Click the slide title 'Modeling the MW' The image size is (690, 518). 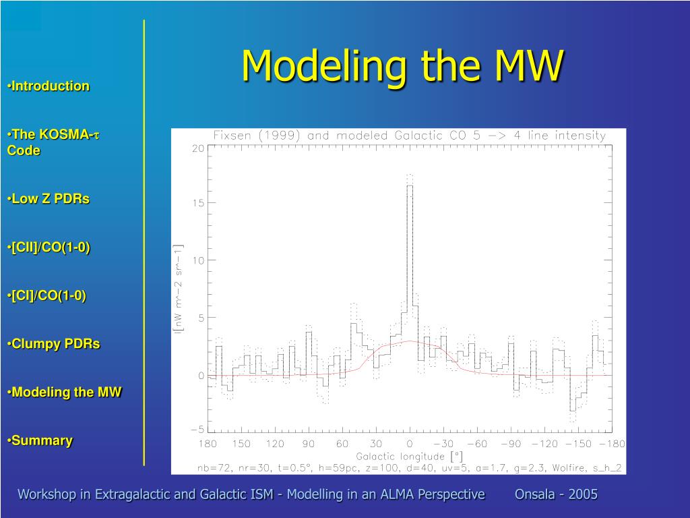coord(403,66)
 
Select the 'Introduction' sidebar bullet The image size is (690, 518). coord(49,86)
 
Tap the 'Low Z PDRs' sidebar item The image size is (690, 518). coord(49,199)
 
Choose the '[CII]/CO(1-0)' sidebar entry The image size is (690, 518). coord(49,248)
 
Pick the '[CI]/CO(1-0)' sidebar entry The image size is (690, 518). coord(46,295)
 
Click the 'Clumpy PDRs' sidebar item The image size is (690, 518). coord(54,344)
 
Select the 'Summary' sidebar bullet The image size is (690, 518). coord(40,440)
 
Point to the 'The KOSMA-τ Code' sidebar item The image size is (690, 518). coord(53,142)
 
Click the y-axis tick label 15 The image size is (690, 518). coord(198,203)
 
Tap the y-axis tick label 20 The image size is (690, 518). coord(198,148)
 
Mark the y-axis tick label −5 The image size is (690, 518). coord(197,430)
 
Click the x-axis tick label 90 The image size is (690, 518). coord(309,444)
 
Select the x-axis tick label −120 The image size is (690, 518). coord(544,444)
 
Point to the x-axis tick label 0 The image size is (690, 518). coord(410,444)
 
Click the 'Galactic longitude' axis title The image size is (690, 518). coord(400,457)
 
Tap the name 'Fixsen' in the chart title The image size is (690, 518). coord(232,136)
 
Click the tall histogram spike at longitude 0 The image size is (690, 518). coord(410,264)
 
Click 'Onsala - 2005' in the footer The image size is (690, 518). coord(556,494)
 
